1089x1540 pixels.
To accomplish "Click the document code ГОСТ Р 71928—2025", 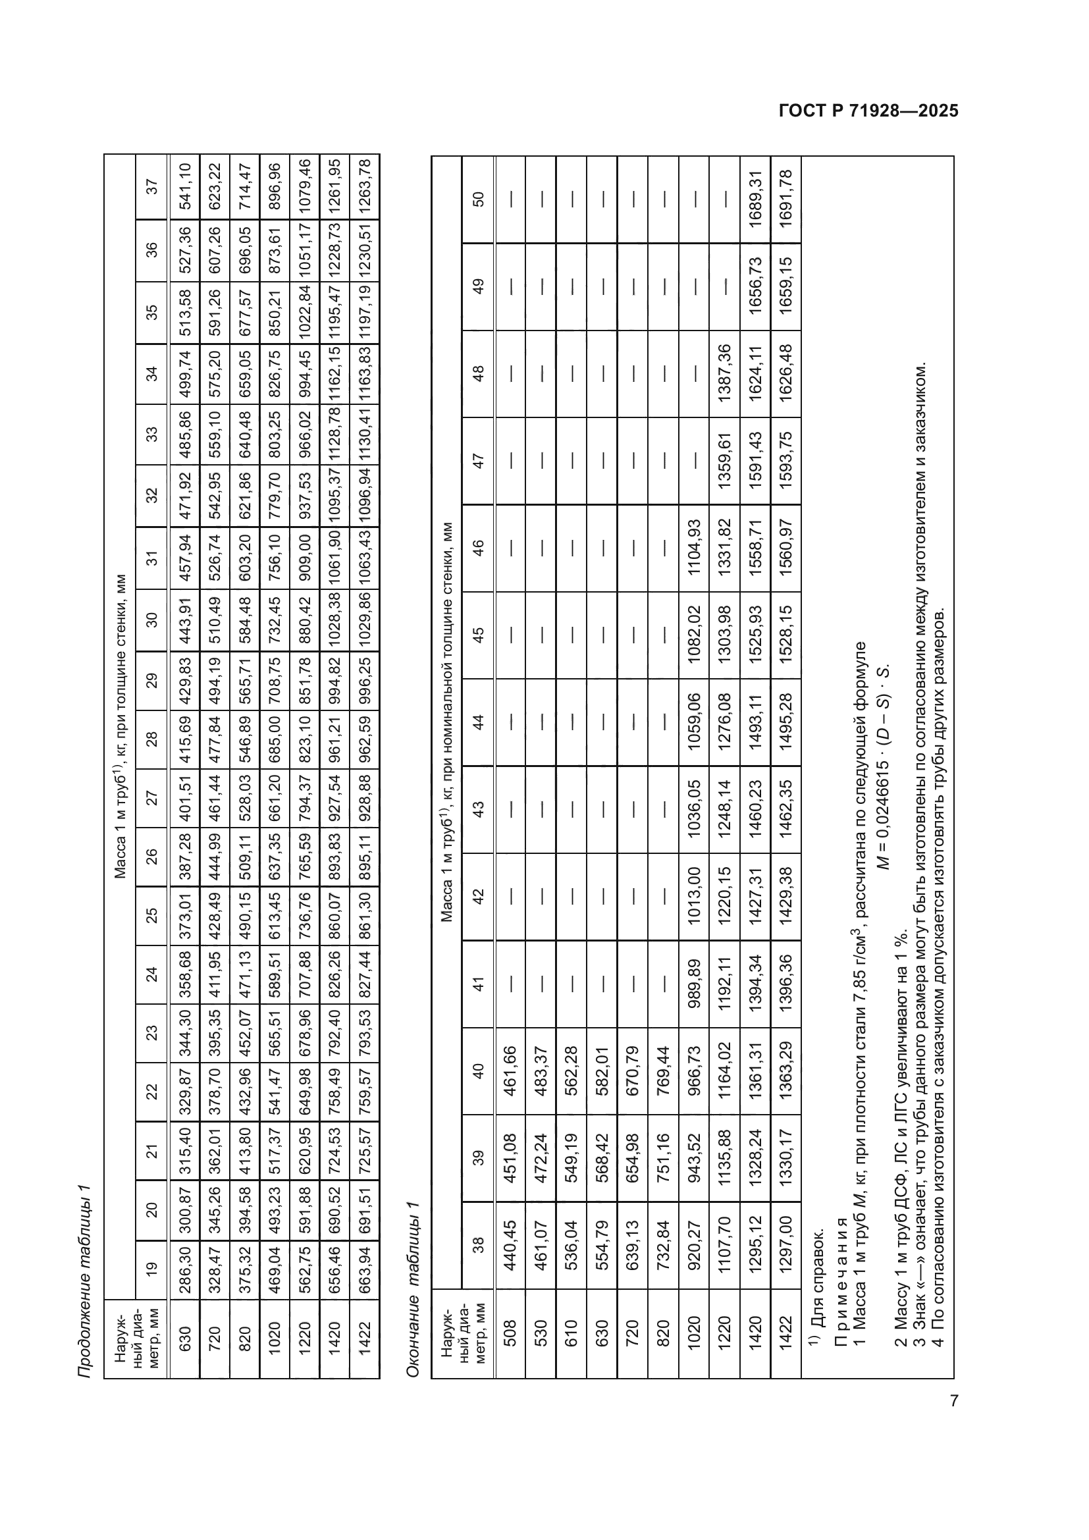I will click(868, 111).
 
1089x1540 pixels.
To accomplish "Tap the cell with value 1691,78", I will click(786, 199).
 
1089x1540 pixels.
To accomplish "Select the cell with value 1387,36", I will click(725, 373).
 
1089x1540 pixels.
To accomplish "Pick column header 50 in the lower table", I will click(478, 199).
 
